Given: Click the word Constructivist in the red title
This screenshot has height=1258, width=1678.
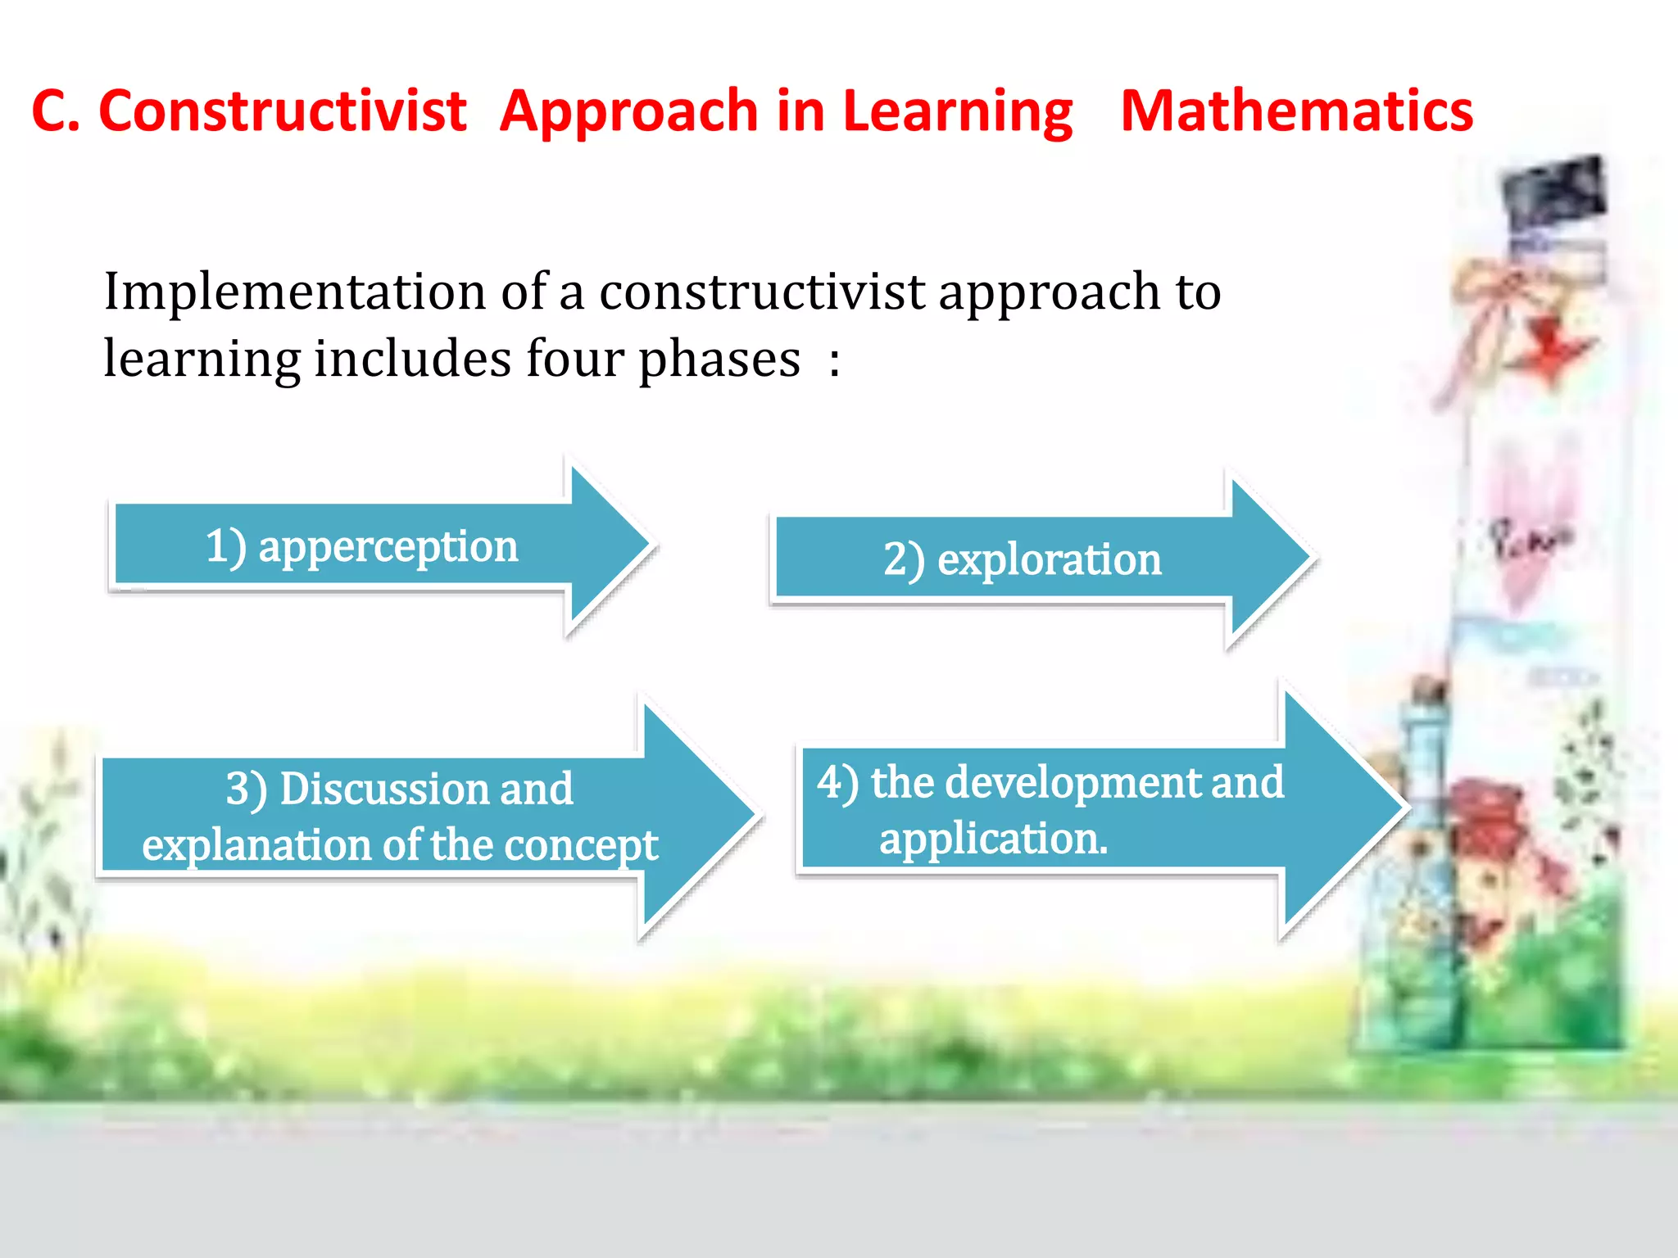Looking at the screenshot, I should pyautogui.click(x=282, y=111).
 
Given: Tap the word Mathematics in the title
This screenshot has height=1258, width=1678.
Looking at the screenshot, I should pyautogui.click(x=1296, y=111).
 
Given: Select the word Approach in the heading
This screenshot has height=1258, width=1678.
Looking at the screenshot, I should pyautogui.click(x=628, y=113).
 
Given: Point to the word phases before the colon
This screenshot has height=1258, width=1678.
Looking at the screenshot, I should pyautogui.click(x=719, y=360).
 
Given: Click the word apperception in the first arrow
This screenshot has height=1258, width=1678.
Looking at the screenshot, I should pyautogui.click(x=388, y=547).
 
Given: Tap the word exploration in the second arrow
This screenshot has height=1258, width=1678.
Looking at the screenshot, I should pyautogui.click(x=1049, y=560).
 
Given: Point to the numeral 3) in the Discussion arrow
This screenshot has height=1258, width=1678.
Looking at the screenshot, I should pyautogui.click(x=246, y=790).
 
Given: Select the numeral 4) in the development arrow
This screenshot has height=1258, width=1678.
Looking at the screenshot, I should pyautogui.click(x=837, y=782).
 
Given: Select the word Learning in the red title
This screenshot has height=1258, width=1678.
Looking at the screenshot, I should pyautogui.click(x=957, y=113).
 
